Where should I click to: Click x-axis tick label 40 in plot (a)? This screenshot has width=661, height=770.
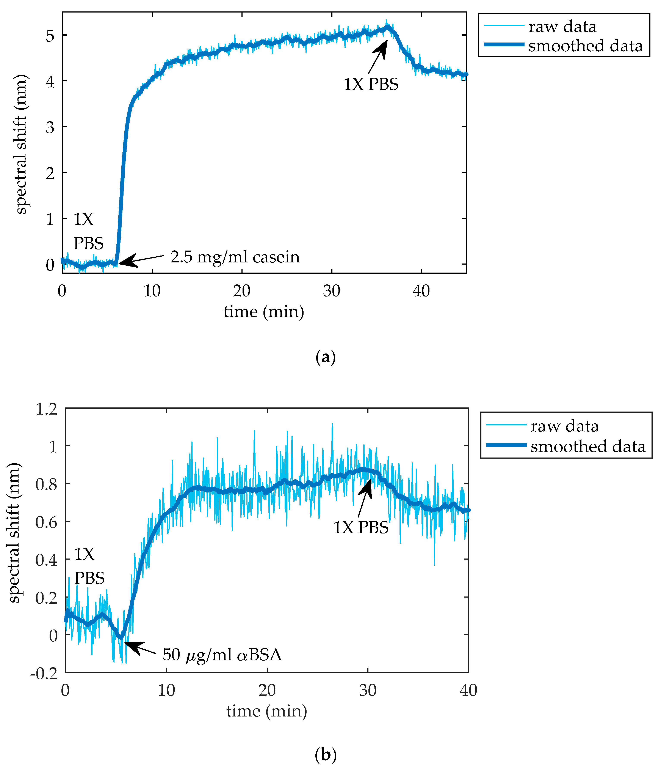click(x=421, y=291)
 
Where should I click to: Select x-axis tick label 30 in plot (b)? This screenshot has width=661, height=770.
click(x=368, y=690)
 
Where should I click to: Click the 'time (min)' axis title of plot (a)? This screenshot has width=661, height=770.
click(x=264, y=311)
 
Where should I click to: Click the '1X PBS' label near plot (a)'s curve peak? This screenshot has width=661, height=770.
click(x=371, y=84)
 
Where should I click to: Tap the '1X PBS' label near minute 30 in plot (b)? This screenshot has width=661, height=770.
click(x=361, y=527)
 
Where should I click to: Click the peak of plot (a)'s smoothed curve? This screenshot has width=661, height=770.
click(x=387, y=27)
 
